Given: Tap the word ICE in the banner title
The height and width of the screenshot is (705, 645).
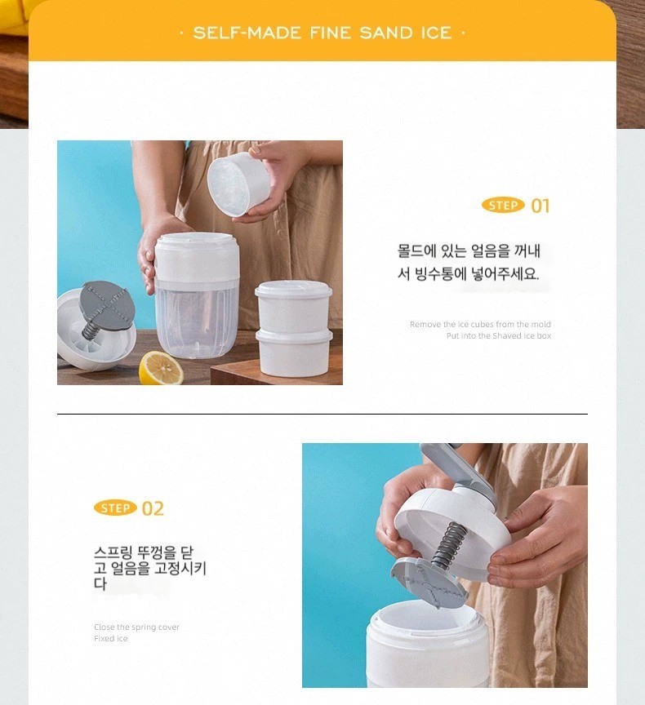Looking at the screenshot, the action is (x=436, y=33).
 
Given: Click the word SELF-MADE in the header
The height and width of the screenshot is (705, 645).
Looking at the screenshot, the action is (x=247, y=33).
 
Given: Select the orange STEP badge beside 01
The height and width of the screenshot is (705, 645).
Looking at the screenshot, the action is (x=503, y=206).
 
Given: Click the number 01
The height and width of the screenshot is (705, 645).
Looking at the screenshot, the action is (x=540, y=206).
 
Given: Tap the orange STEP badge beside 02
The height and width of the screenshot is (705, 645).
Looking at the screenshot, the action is (x=116, y=508).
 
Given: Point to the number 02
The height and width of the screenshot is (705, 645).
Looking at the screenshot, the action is (x=153, y=508).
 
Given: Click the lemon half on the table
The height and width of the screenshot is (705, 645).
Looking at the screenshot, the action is (x=161, y=369).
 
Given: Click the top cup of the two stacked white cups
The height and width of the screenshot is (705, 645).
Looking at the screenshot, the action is (x=294, y=307).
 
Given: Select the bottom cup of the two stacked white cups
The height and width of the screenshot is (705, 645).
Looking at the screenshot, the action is (x=294, y=352).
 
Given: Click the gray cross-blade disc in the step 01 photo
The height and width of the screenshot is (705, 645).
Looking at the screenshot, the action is (x=107, y=304).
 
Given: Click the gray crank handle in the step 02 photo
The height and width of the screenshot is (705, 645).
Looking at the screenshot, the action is (x=459, y=470).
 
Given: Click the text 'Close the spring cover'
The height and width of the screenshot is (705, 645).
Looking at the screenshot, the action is (x=136, y=627).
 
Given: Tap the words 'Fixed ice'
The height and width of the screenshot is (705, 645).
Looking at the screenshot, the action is (x=111, y=638).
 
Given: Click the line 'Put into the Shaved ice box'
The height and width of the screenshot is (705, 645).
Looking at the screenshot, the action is (x=498, y=336).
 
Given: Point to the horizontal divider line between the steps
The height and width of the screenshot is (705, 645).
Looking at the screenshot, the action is (x=322, y=414).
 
